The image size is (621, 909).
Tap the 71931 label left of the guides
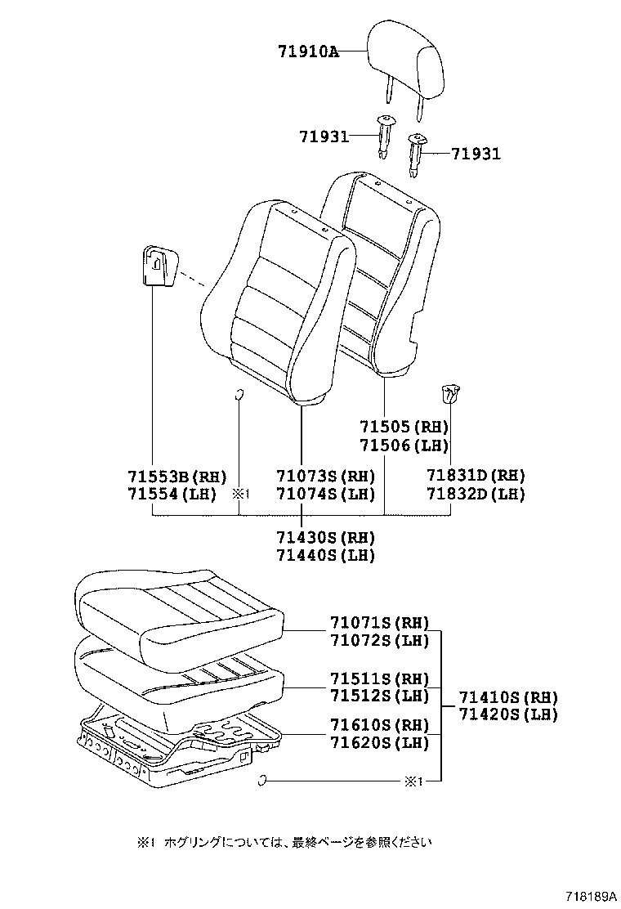tap(322, 136)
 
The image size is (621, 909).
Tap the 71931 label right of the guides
tap(476, 153)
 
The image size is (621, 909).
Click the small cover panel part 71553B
tap(159, 266)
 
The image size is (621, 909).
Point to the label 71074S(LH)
tap(325, 494)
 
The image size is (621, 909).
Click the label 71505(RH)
tap(404, 427)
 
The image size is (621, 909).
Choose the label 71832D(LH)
tap(476, 494)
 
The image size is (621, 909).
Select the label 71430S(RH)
tap(325, 537)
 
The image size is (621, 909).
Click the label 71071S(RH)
tap(379, 623)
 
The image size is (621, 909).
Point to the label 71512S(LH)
tap(379, 696)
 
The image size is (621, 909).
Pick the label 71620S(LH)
tap(379, 742)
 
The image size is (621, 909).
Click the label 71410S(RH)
tap(507, 697)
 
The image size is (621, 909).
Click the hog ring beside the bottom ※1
tap(262, 781)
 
